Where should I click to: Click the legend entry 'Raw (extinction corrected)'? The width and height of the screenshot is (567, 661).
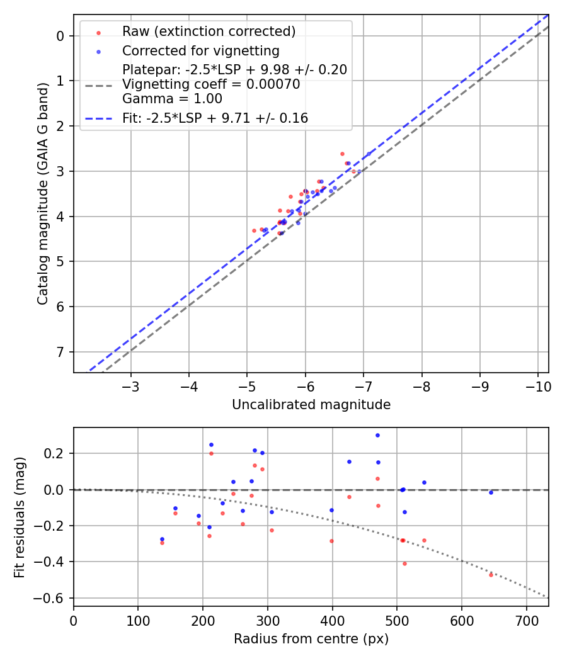209,31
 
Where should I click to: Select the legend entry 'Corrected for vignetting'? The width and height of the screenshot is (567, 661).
200,50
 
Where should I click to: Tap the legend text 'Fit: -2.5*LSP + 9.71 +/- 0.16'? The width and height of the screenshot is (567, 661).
215,118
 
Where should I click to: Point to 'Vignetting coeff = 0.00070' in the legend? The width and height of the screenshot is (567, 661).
211,84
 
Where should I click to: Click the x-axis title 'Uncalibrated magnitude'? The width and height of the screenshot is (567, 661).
311,405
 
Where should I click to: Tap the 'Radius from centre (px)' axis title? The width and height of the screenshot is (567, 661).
311,639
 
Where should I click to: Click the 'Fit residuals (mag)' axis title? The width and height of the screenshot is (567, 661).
20,517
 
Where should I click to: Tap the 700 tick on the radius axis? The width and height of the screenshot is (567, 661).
527,619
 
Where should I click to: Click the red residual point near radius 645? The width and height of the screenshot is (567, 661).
491,575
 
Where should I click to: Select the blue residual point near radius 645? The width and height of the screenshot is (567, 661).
491,492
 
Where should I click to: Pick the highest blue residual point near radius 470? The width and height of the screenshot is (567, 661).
377,435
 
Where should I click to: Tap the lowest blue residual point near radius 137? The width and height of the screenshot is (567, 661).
162,539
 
